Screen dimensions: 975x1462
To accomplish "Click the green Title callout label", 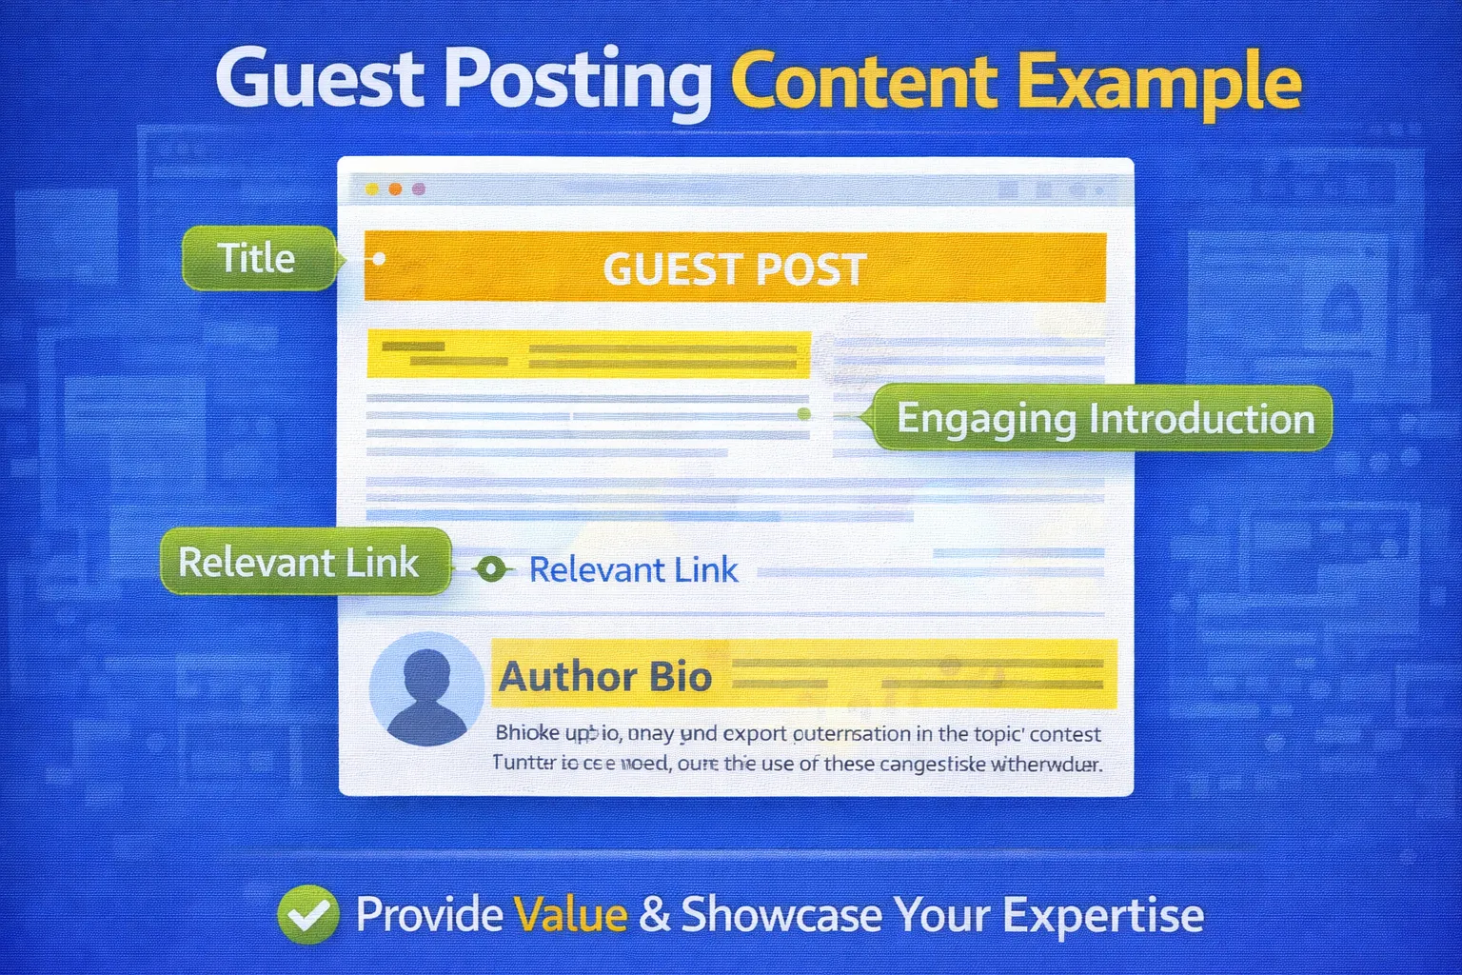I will pyautogui.click(x=257, y=258).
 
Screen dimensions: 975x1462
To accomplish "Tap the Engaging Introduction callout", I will pyautogui.click(x=1104, y=419).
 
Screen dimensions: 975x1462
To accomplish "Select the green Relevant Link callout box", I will pyautogui.click(x=300, y=563).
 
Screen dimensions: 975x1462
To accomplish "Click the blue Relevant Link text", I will pyautogui.click(x=633, y=570).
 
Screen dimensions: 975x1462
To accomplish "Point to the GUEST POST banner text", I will pyautogui.click(x=735, y=269).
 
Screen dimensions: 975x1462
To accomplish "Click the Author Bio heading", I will pyautogui.click(x=605, y=677).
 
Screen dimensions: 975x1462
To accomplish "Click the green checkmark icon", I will pyautogui.click(x=307, y=914).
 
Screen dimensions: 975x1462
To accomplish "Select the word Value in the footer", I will pyautogui.click(x=570, y=915).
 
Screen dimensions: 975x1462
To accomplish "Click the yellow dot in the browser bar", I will pyautogui.click(x=372, y=189).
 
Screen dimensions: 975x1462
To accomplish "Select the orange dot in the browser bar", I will pyautogui.click(x=395, y=189).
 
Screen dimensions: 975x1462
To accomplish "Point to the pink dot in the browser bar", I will pyautogui.click(x=418, y=189).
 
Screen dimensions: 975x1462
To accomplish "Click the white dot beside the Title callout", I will pyautogui.click(x=379, y=258).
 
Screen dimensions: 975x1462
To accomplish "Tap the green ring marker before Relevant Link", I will pyautogui.click(x=491, y=569).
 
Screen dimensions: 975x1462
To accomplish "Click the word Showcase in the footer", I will pyautogui.click(x=781, y=915).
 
